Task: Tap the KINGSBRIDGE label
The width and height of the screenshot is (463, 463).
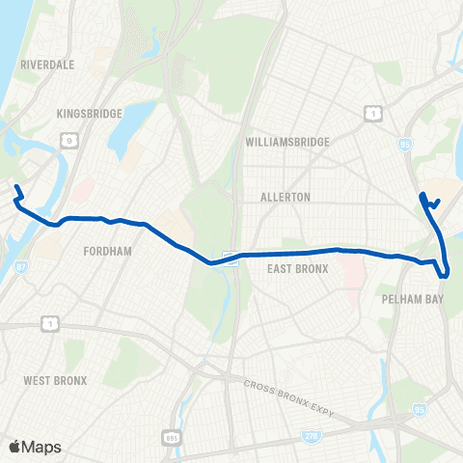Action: pos(90,114)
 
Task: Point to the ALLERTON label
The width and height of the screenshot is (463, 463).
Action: pos(286,197)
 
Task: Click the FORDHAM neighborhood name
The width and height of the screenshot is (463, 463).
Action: pos(106,251)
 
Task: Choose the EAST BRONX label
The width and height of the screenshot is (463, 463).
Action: pos(300,269)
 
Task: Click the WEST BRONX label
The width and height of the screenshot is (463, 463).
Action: pos(56,381)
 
